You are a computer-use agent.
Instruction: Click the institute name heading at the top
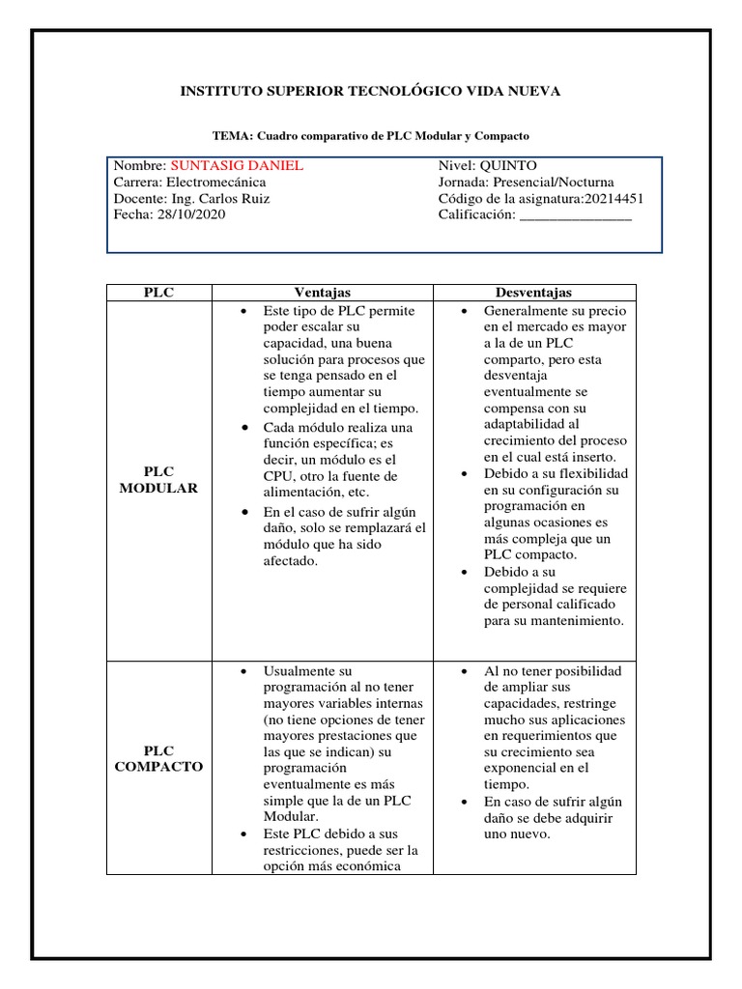pos(371,91)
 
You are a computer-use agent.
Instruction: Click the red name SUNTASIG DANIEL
pos(236,165)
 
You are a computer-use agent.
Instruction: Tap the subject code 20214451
pos(611,198)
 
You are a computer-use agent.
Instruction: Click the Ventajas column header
pos(322,293)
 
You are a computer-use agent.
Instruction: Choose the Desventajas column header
pos(533,293)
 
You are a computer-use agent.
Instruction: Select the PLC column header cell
pos(158,293)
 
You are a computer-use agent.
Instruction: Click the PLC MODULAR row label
pos(158,480)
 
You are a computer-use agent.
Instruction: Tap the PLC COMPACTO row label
pos(158,758)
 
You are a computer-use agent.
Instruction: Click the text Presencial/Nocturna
pos(553,182)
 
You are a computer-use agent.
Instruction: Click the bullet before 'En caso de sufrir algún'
pos(465,802)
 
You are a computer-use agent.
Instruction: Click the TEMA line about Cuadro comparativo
pos(371,136)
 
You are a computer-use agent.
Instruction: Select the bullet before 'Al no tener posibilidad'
pos(465,670)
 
